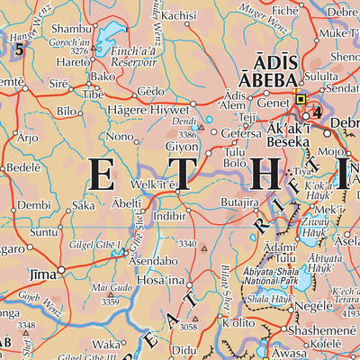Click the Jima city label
point(42,271)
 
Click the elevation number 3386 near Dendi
point(186,134)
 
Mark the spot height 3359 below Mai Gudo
point(111,302)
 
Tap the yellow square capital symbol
point(301,100)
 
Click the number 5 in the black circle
point(19,49)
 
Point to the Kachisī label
point(179,15)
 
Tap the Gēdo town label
point(151,93)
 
